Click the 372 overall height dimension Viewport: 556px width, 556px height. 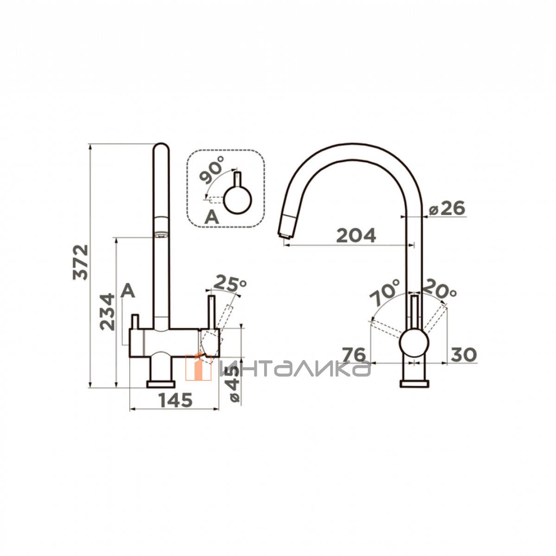[x=81, y=262]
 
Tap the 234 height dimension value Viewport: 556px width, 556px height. [x=107, y=312]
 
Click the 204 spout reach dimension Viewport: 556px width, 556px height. [x=356, y=236]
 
